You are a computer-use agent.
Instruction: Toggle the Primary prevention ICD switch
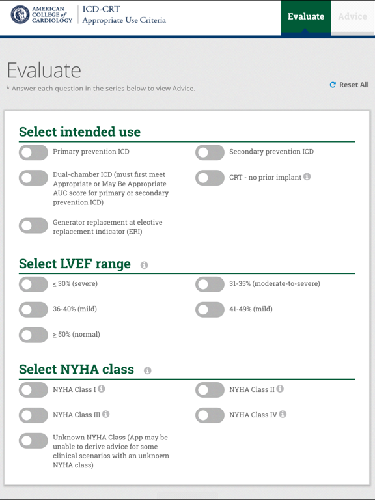point(33,152)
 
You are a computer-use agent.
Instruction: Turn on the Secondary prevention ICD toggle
point(210,152)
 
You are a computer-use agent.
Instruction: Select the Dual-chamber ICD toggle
point(33,178)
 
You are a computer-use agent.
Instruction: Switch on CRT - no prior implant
point(210,178)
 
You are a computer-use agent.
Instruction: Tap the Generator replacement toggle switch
point(33,225)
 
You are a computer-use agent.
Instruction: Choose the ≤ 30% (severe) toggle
point(33,285)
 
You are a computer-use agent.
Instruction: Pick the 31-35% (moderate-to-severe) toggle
point(210,285)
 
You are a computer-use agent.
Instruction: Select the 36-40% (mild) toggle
point(33,310)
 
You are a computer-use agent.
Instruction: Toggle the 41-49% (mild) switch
point(210,310)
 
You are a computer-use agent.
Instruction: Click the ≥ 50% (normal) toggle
point(33,335)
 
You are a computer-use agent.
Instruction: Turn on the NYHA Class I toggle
point(33,390)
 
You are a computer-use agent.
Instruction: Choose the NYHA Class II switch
point(210,390)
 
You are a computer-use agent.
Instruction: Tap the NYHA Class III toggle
point(33,415)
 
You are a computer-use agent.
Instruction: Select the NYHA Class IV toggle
point(210,415)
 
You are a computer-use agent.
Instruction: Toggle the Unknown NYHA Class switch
point(33,441)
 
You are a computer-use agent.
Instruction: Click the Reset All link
point(350,85)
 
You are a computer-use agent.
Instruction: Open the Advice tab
point(352,16)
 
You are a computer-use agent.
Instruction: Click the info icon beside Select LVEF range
point(144,265)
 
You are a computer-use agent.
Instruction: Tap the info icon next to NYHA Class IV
point(283,414)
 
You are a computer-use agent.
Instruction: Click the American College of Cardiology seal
point(20,14)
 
